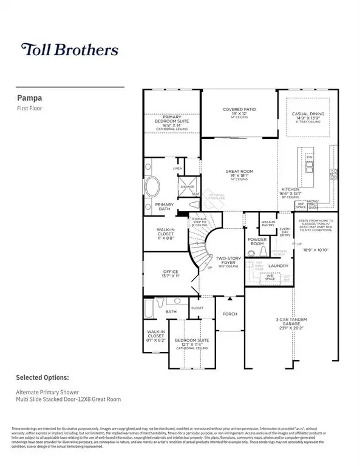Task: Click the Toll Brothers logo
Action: [69, 49]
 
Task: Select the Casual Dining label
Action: [308, 113]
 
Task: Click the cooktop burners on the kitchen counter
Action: [333, 174]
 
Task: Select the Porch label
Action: [229, 314]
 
